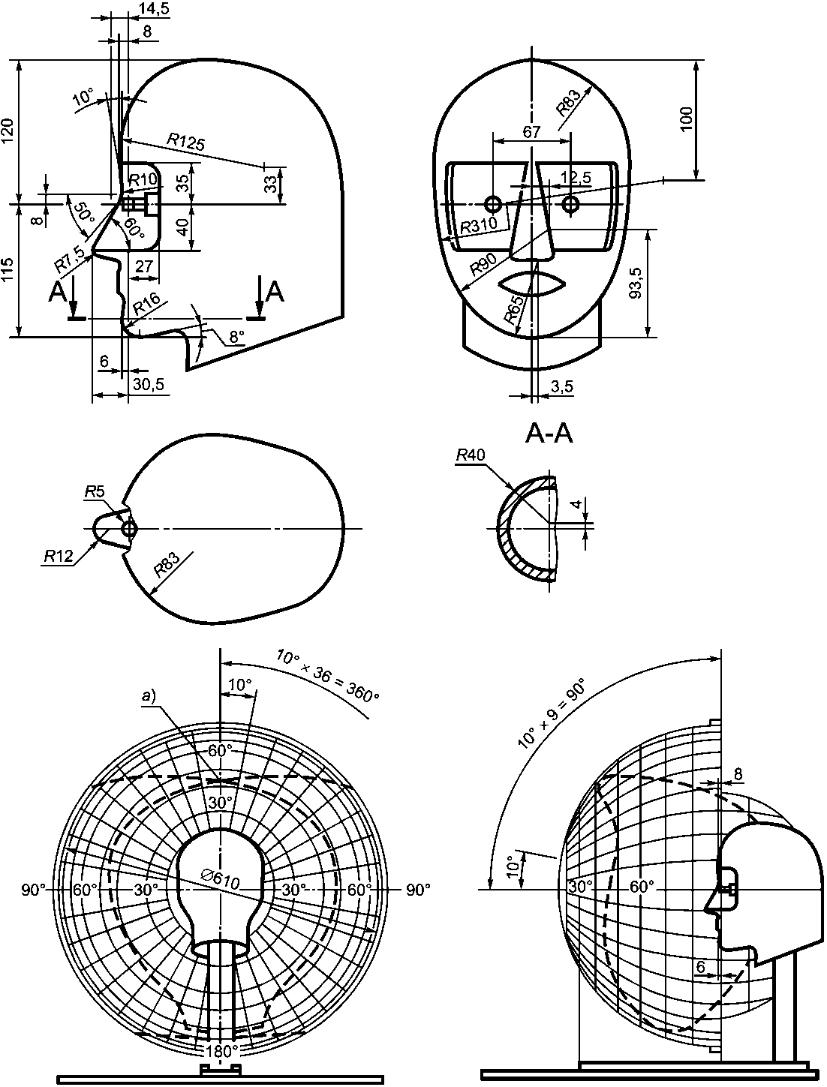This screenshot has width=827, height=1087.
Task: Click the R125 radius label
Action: pyautogui.click(x=185, y=142)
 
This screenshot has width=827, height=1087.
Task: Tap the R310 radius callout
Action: pyautogui.click(x=479, y=225)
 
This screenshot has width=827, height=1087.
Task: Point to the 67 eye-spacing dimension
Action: pyautogui.click(x=531, y=132)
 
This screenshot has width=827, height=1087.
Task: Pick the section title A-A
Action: pyautogui.click(x=549, y=434)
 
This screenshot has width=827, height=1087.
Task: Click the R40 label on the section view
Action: pyautogui.click(x=471, y=455)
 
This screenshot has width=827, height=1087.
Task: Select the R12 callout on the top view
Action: pyautogui.click(x=59, y=556)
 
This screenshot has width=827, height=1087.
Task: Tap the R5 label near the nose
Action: pyautogui.click(x=95, y=492)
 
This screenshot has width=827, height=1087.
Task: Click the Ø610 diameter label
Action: pyautogui.click(x=220, y=878)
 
